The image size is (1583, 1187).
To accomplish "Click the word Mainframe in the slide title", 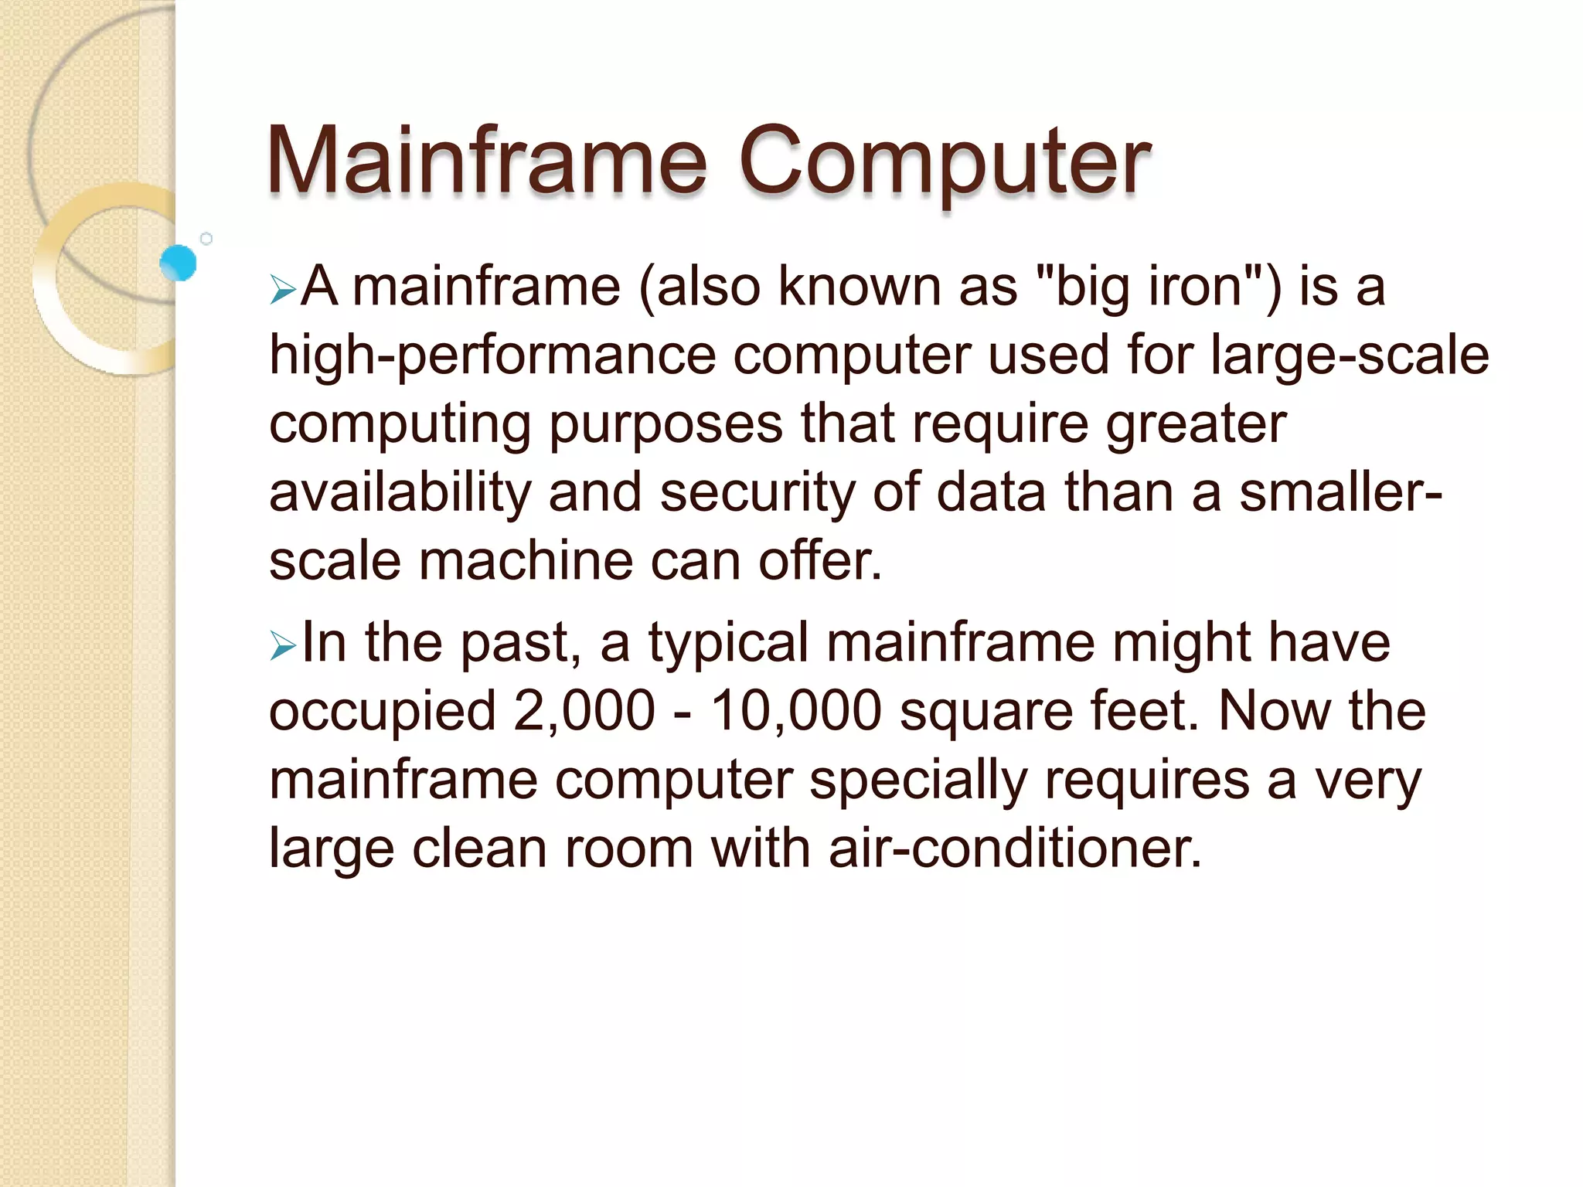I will click(487, 161).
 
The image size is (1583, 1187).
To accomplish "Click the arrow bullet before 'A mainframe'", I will click(283, 291).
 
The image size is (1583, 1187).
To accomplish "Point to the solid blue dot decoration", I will click(179, 263).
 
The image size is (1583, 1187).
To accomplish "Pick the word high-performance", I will click(492, 355).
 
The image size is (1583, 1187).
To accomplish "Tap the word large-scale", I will click(1349, 355).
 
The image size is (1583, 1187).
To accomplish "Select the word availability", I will click(400, 493).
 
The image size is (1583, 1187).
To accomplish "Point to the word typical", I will click(728, 643).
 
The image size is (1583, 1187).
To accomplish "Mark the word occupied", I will click(382, 711).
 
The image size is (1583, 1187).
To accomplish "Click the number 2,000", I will click(584, 711).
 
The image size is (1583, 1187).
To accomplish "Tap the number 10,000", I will click(796, 711).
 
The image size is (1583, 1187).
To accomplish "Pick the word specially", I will click(918, 781).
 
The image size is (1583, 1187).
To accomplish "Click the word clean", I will click(479, 848).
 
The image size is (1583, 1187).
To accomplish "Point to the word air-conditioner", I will click(1016, 848).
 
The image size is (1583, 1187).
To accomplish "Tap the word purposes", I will click(666, 425).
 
